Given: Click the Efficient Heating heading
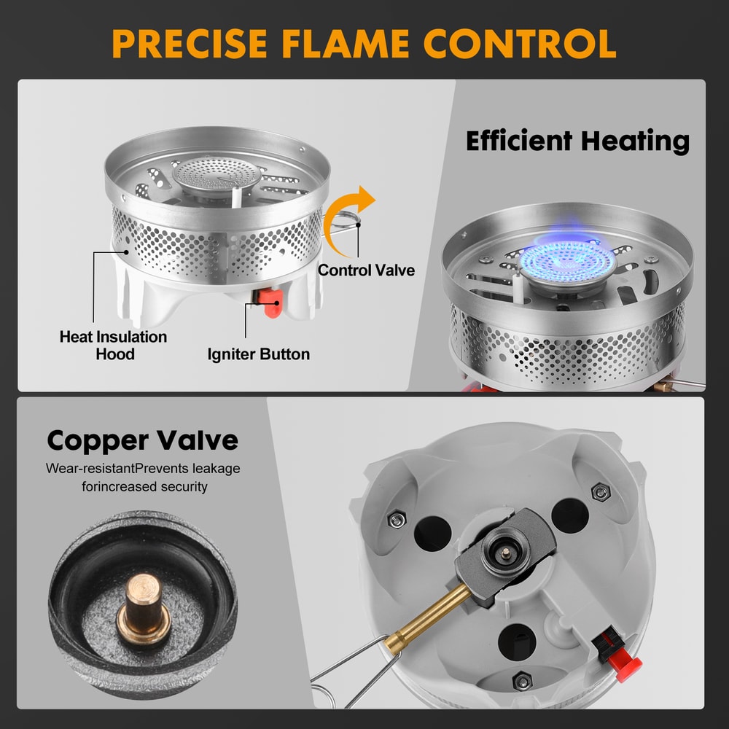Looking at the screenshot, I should coord(577,141).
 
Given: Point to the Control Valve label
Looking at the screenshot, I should coord(366,270).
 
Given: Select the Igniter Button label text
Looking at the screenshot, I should coord(258,355).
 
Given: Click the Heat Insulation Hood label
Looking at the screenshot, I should coord(113,346).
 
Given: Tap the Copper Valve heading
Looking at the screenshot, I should coord(142,440).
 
